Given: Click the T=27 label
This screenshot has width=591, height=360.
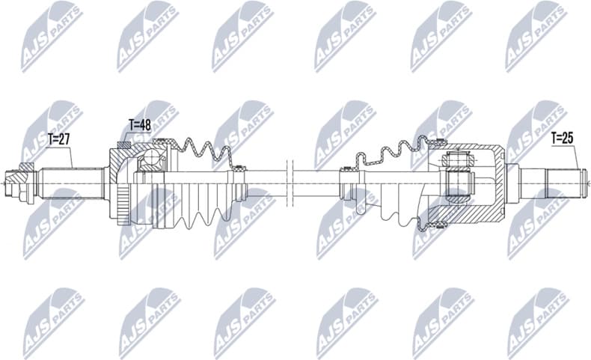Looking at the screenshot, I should [x=59, y=138].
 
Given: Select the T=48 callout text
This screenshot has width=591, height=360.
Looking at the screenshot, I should [x=140, y=125].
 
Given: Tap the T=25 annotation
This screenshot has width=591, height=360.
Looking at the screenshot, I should [x=563, y=138].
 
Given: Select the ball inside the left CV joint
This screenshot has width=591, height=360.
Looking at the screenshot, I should [x=154, y=157].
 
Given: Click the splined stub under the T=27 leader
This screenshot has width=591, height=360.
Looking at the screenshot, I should [x=71, y=180].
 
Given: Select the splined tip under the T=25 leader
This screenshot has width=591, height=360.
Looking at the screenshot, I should [x=566, y=180].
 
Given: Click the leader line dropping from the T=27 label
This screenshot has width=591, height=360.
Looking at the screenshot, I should [x=72, y=156].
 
